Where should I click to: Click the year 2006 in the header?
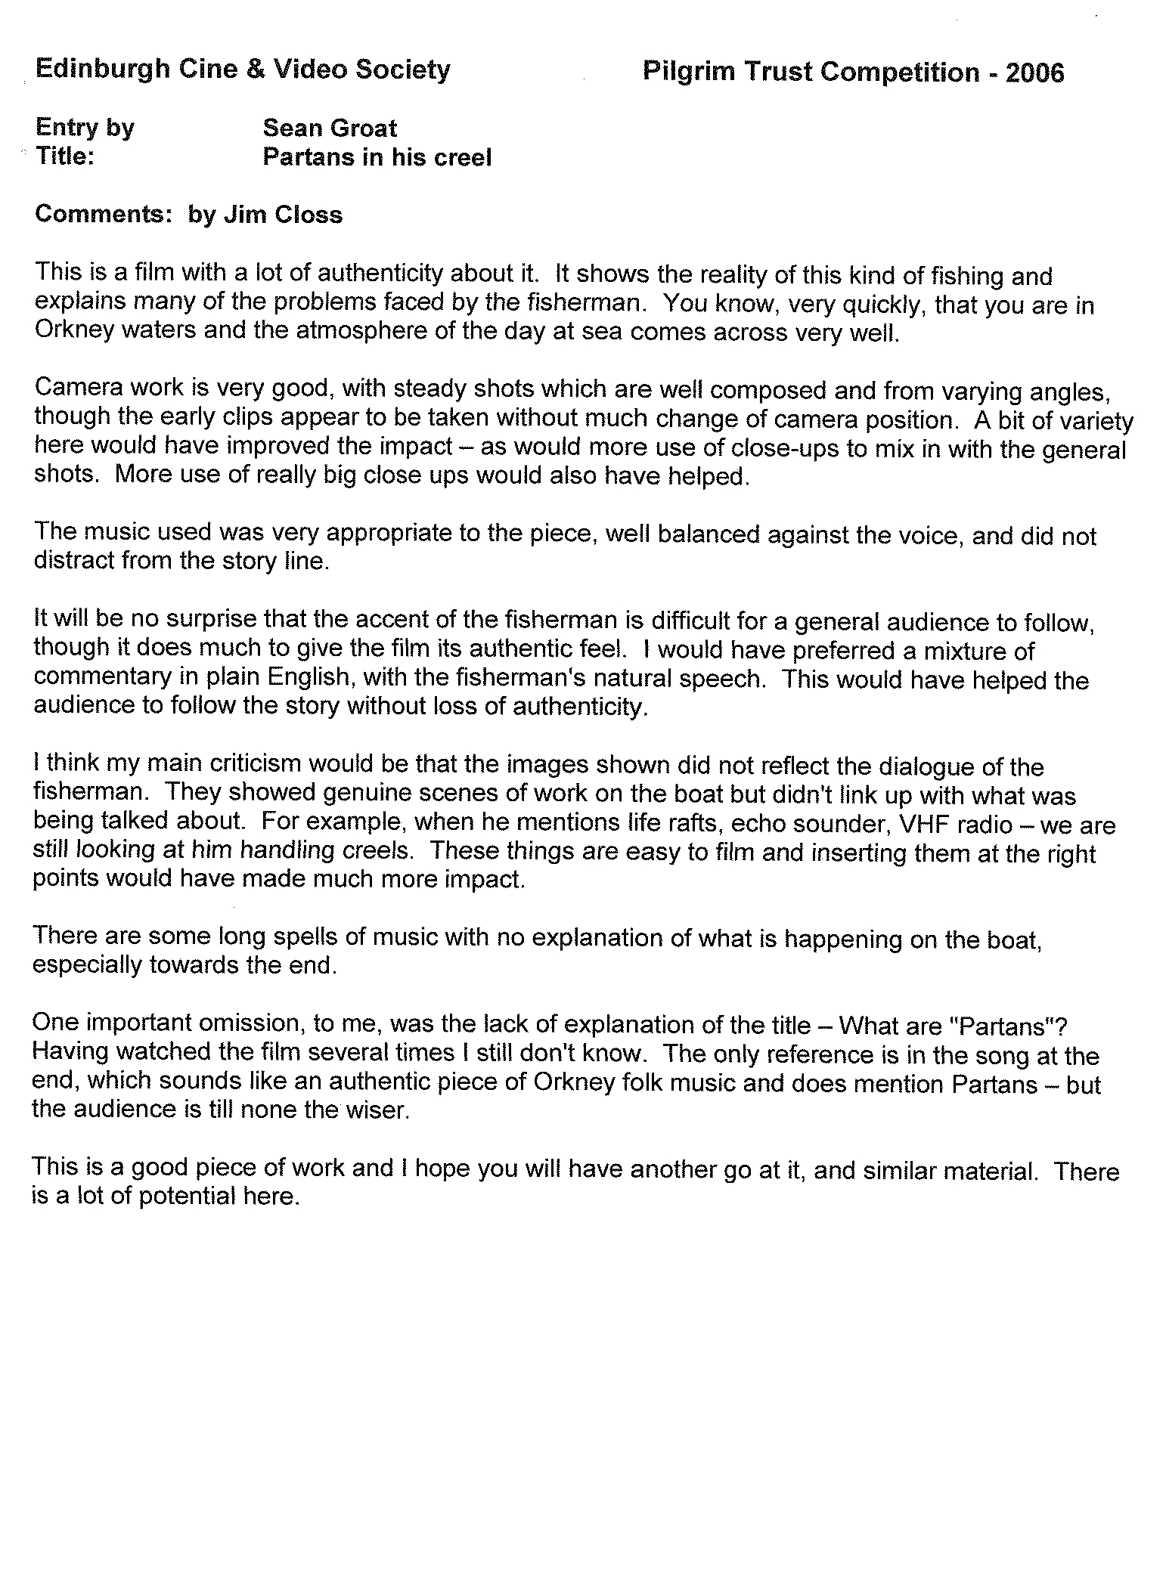pos(1035,73)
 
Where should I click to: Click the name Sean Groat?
pos(329,128)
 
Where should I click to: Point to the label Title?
pos(64,156)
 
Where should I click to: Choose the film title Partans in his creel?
pos(377,157)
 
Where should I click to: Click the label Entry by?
pos(84,128)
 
